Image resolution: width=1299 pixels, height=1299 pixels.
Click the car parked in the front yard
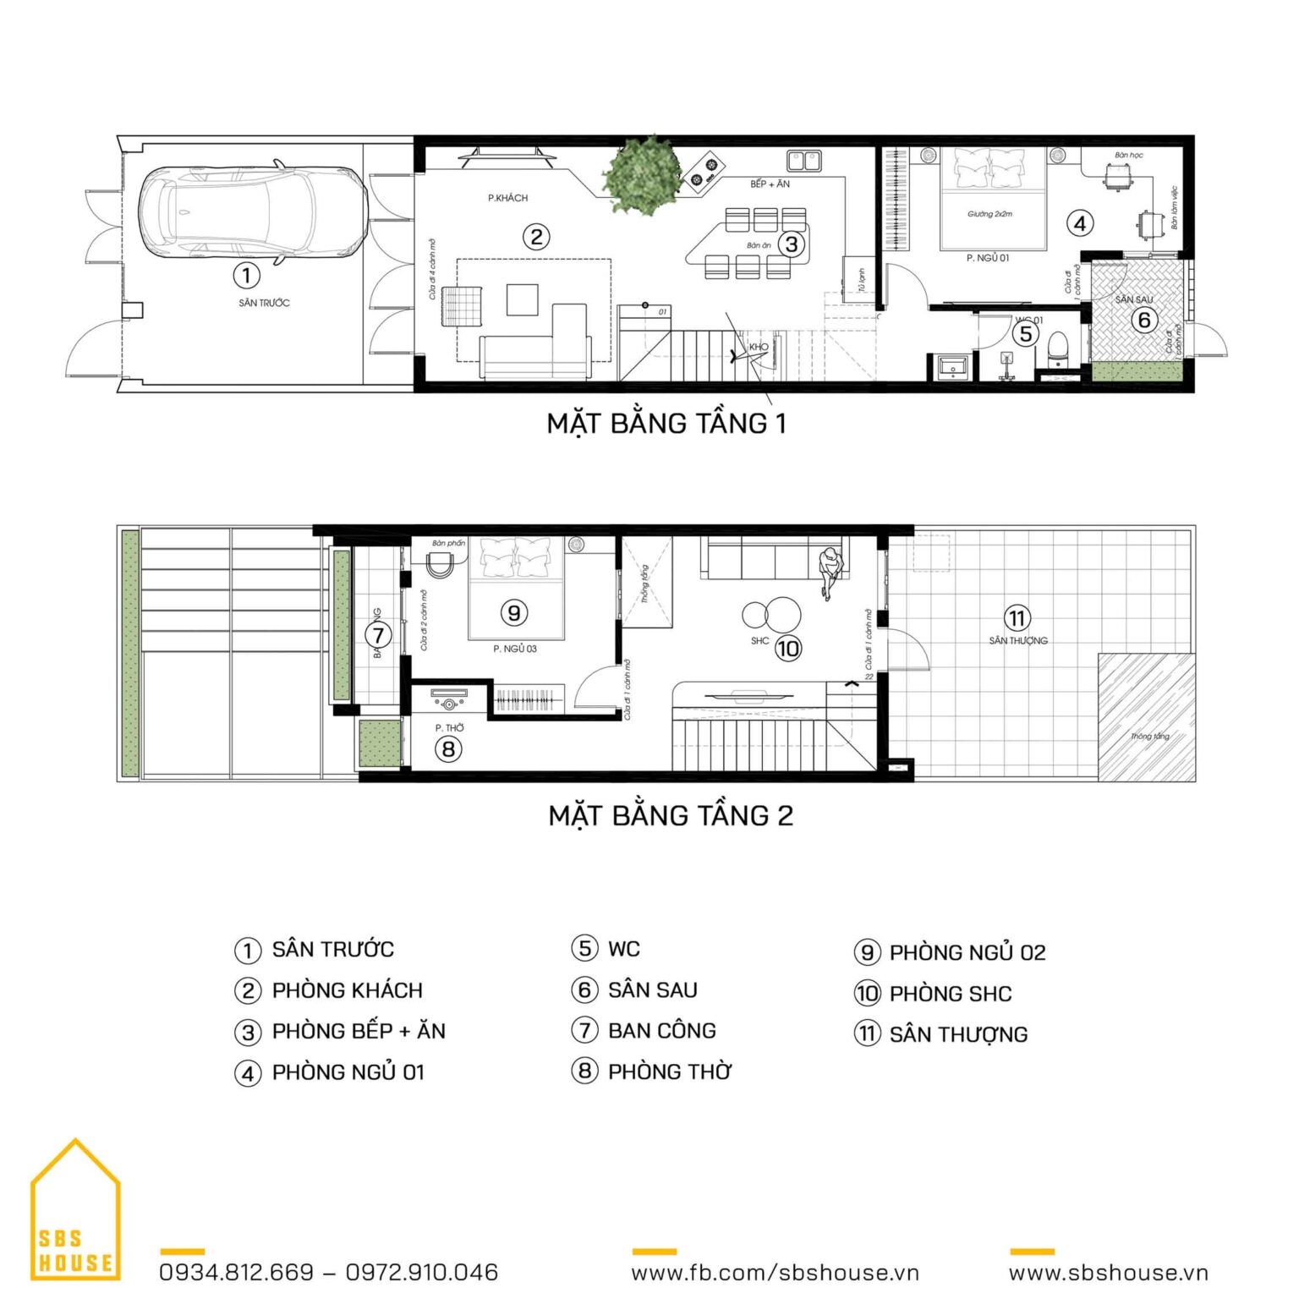pos(252,211)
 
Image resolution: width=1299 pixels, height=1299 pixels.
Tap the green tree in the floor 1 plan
pos(644,175)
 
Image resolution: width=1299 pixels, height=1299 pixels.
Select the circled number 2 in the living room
pos(535,237)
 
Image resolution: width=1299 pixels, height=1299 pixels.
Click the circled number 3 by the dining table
pos(791,244)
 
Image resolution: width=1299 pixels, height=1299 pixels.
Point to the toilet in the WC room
pos(1058,348)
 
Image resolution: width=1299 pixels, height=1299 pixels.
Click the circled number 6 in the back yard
pos(1144,320)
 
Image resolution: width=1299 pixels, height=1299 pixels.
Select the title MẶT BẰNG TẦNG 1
pos(666,423)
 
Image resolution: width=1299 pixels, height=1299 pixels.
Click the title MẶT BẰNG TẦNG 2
pos(671,815)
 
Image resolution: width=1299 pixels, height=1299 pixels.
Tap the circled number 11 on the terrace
pos(1017,618)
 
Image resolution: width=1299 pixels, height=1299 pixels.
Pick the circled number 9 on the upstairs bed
pos(513,612)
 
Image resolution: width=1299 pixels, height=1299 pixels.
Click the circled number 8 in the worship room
pos(448,748)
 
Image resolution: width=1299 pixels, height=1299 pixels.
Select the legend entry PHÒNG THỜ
pos(669,1072)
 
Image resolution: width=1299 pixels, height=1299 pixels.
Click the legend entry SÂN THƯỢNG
pos(957,1034)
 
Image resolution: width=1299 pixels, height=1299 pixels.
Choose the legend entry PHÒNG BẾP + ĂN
pos(358,1031)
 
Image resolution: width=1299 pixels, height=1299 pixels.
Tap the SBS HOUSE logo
pos(75,1213)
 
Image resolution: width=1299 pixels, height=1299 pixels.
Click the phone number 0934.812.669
pos(237,1272)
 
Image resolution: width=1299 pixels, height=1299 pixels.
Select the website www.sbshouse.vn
pos(1108,1272)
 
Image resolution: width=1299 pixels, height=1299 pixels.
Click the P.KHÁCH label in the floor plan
pos(507,198)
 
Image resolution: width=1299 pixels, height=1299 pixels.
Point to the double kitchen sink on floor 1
pos(803,160)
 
